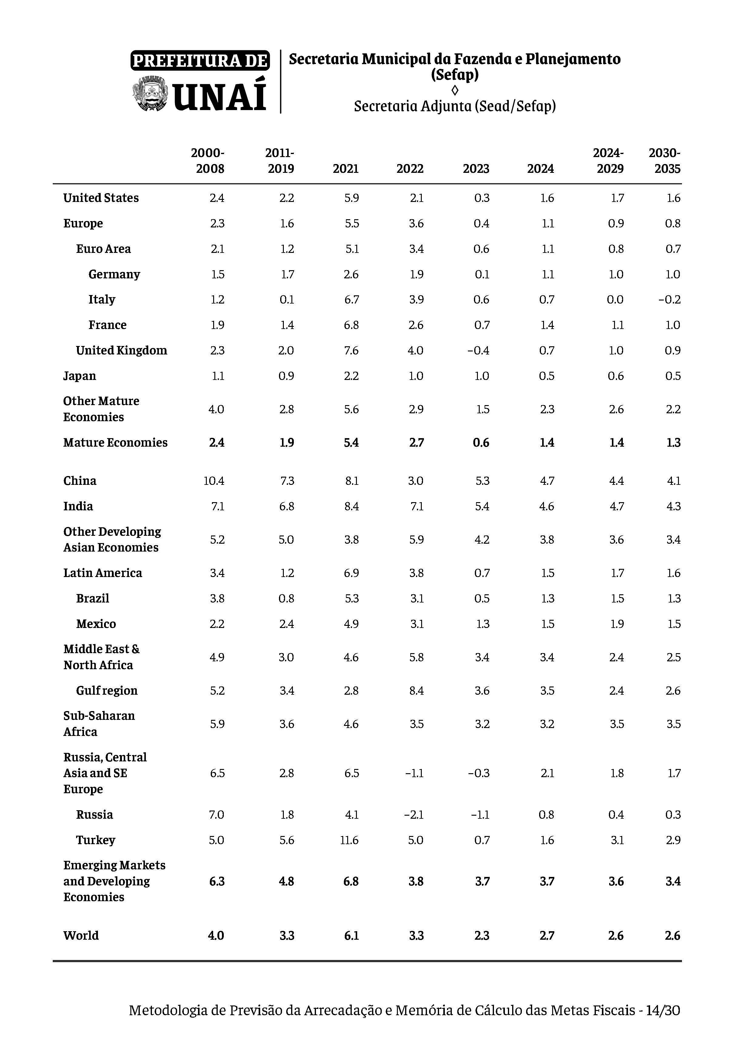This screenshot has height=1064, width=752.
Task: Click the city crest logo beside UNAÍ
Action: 149,95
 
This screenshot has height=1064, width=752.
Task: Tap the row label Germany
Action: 114,274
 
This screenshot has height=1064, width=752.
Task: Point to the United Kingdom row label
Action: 121,350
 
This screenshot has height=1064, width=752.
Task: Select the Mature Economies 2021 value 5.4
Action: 351,443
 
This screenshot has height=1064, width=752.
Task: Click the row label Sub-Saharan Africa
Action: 99,724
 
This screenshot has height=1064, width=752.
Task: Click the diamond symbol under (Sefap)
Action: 455,90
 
